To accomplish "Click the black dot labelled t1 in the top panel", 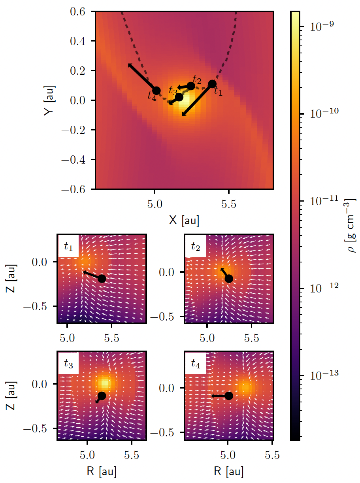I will tap(212, 84).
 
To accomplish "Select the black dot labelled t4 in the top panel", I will tap(156, 91).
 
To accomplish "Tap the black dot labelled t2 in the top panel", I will tap(191, 86).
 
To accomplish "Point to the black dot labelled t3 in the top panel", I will tap(179, 97).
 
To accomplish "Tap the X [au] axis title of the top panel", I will tap(184, 221).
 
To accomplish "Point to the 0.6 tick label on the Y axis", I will tap(81, 12).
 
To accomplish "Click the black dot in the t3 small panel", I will tap(102, 396).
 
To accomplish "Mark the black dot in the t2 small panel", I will tap(228, 278).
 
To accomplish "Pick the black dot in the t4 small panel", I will tap(228, 395).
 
